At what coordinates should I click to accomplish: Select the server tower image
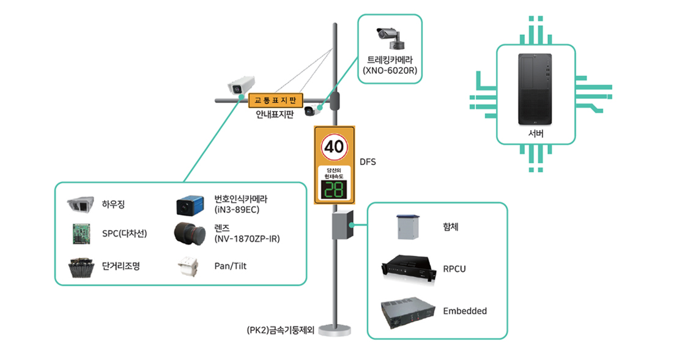pos(535,89)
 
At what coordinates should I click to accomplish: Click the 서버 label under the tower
pos(535,134)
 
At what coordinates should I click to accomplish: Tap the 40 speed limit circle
pos(335,147)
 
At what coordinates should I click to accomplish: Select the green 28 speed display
pos(334,190)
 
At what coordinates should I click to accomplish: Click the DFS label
pos(368,162)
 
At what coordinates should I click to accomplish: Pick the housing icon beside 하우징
pos(80,204)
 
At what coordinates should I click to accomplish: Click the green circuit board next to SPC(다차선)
pos(80,233)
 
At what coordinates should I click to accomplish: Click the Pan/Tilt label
pos(230,266)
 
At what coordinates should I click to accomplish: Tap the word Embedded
pos(465,311)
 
